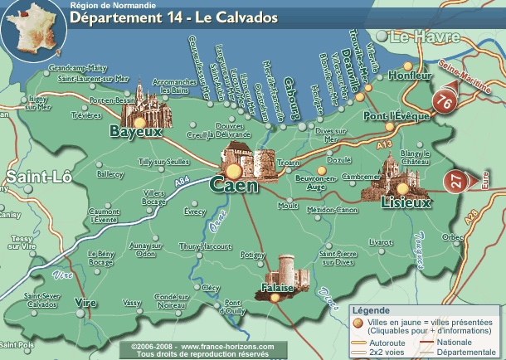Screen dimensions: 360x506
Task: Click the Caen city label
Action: click(234, 186)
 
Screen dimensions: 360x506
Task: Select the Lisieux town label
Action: click(406, 202)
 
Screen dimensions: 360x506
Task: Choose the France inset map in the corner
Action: click(31, 27)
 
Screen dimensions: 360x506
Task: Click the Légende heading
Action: click(371, 310)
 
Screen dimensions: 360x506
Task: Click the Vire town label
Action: click(85, 302)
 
